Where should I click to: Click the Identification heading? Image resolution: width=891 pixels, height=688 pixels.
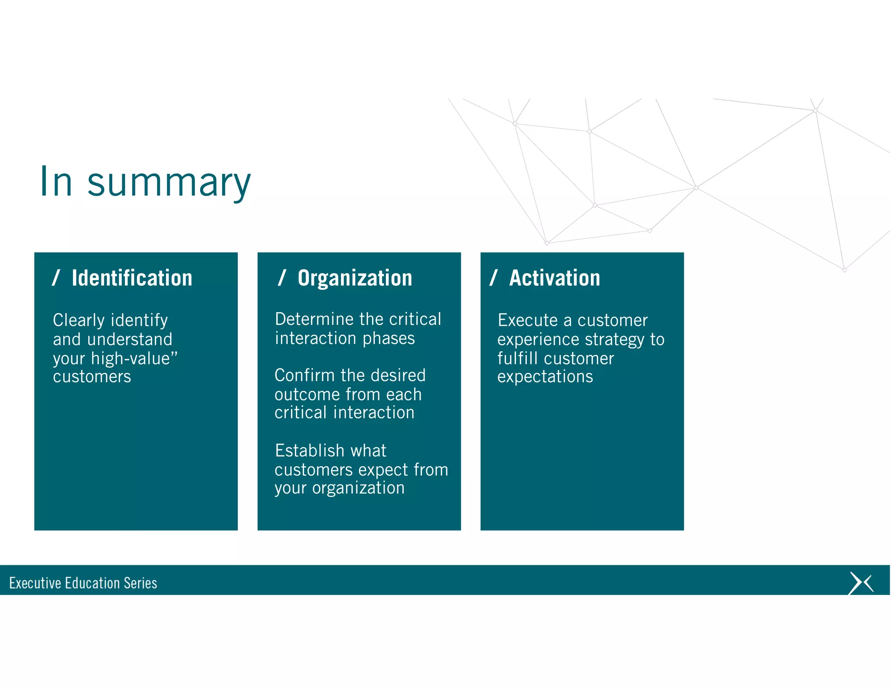tap(132, 278)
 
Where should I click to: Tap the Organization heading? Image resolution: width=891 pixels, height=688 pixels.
tap(355, 278)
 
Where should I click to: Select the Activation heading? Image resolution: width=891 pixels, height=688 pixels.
tap(555, 278)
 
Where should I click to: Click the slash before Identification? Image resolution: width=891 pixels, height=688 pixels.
tap(56, 277)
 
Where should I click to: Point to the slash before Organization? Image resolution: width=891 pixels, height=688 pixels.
tap(282, 277)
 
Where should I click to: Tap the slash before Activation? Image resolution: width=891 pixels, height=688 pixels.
tap(493, 277)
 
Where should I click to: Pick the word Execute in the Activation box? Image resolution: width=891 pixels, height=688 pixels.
tap(527, 320)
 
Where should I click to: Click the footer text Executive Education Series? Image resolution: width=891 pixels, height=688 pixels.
tap(83, 583)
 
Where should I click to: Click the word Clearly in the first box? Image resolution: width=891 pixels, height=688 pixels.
tap(78, 321)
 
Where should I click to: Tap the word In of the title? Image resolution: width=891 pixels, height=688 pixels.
tap(56, 182)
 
